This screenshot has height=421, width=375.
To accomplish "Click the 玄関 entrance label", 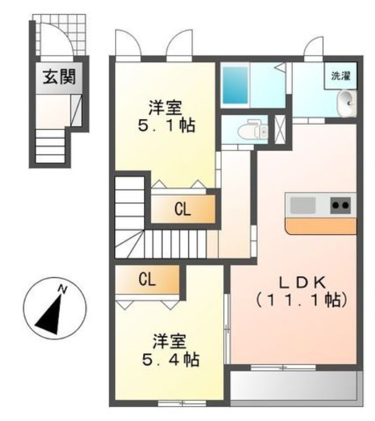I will coord(59,78).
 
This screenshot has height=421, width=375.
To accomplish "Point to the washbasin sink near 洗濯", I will coord(347,101).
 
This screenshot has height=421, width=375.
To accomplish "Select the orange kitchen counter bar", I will coord(321,226).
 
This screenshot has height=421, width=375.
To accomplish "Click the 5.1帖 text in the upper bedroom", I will coord(165,126).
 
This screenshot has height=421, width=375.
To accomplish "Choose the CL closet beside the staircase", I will coord(183,209).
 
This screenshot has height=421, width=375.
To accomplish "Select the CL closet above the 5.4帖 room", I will coord(147,280).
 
